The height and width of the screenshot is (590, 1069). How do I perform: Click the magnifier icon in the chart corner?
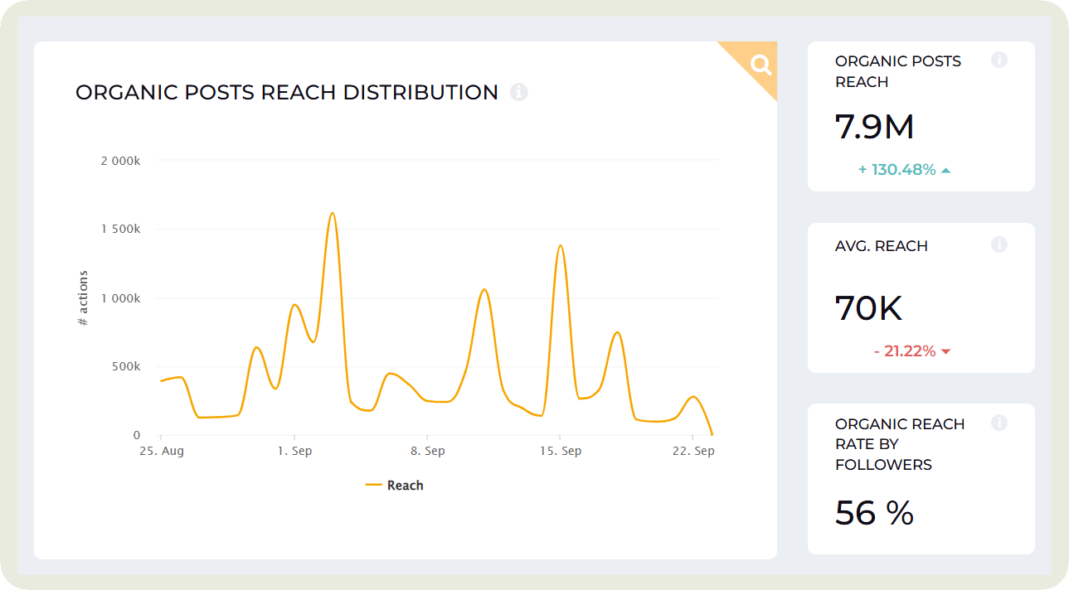[x=760, y=65]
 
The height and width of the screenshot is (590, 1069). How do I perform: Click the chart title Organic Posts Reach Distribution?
[x=287, y=92]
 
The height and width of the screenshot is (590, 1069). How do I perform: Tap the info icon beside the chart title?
[x=519, y=92]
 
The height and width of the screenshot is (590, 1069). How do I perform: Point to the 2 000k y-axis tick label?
[x=120, y=161]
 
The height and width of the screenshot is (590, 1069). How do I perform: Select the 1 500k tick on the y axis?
[x=120, y=230]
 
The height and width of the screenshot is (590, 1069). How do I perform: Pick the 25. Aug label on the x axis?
[x=162, y=452]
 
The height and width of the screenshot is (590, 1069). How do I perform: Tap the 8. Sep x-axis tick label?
[x=427, y=452]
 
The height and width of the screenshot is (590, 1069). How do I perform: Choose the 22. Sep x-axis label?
[x=692, y=452]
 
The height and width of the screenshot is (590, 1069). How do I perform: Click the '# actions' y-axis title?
[x=83, y=298]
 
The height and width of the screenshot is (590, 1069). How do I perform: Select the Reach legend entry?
[x=395, y=486]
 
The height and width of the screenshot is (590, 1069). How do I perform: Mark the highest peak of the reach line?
[x=332, y=213]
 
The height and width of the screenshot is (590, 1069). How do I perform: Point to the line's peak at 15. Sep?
[x=561, y=245]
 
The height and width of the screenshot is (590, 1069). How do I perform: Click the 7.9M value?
[x=874, y=127]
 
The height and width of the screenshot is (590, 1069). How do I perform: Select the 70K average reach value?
[x=868, y=308]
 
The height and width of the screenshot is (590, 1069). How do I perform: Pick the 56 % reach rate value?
[x=874, y=513]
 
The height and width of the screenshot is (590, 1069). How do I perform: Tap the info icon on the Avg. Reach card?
[x=999, y=244]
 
